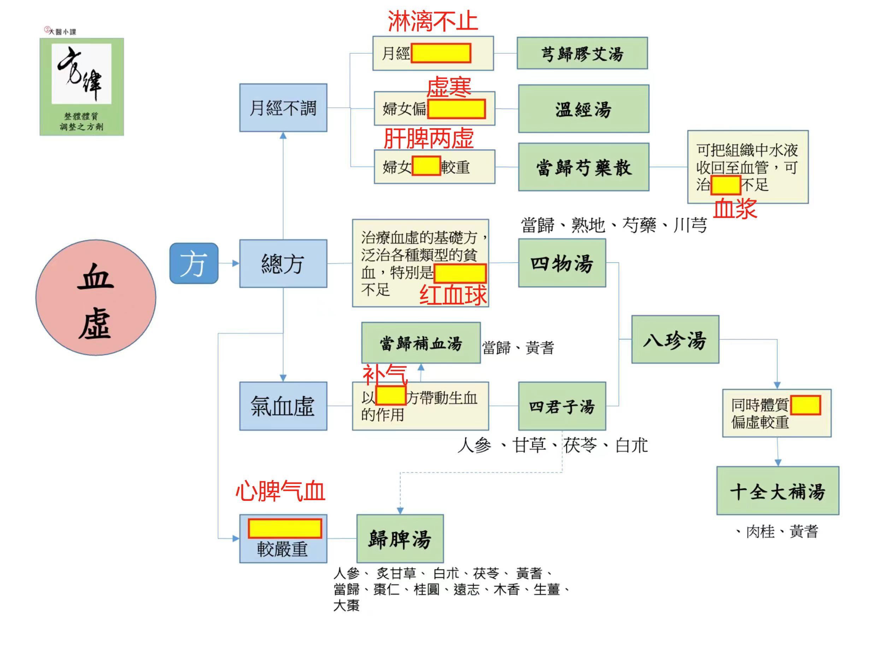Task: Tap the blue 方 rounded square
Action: (x=194, y=263)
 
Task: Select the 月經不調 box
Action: (x=283, y=108)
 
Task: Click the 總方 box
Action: (x=283, y=263)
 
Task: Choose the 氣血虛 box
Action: (x=283, y=406)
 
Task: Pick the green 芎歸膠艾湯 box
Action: (x=582, y=53)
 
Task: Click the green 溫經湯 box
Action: (x=584, y=109)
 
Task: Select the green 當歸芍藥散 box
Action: (x=584, y=167)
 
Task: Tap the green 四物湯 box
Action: (x=562, y=263)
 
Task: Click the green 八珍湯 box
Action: (x=675, y=339)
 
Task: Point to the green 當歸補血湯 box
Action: (x=421, y=343)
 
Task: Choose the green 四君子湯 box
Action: (x=562, y=406)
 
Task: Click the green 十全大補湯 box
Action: (x=778, y=491)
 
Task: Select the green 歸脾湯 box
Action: (x=400, y=539)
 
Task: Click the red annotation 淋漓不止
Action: (x=432, y=20)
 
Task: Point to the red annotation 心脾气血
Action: (x=280, y=491)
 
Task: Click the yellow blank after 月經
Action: (x=441, y=53)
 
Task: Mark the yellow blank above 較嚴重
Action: (x=285, y=528)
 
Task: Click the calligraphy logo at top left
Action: (x=82, y=87)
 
